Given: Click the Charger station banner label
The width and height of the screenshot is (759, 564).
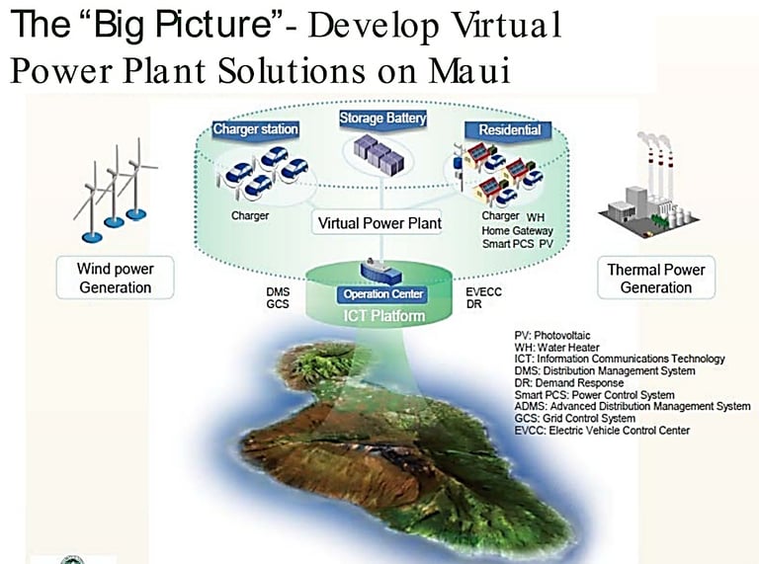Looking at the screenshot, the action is (256, 129).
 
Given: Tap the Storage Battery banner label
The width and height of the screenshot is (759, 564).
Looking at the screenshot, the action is (382, 119).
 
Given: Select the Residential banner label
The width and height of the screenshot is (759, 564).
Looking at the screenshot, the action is (510, 130).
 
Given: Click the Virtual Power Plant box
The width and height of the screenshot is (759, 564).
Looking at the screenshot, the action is (379, 223).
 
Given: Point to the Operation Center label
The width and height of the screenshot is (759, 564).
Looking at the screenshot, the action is (382, 294).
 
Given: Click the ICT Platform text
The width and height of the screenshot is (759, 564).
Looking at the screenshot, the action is (383, 316).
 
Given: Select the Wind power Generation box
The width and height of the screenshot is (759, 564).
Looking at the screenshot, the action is (116, 279).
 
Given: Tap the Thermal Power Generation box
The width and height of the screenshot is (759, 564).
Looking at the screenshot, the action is (656, 279).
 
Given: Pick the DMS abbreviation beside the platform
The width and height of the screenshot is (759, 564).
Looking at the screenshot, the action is (278, 292).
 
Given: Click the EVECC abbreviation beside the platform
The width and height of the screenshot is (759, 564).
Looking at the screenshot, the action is (483, 292).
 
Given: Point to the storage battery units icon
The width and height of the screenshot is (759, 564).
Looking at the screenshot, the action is (379, 153).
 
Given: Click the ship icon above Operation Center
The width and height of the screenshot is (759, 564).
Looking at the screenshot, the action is (380, 271).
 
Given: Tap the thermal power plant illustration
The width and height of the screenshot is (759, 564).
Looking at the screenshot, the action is (649, 187).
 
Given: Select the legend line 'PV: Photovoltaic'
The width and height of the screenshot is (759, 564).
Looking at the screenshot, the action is (552, 335).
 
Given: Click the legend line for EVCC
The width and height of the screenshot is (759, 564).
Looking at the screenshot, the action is (602, 430).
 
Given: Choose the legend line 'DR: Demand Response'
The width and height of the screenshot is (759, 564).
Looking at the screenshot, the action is (569, 382).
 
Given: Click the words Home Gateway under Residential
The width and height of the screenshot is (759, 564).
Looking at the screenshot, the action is (517, 231).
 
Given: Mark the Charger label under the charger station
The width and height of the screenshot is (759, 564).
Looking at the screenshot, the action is (250, 215).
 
